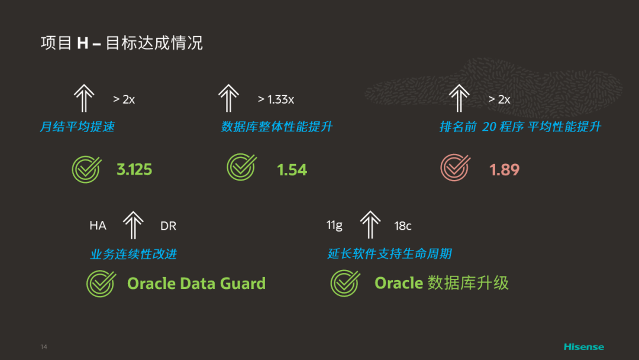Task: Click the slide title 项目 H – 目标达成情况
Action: (x=121, y=43)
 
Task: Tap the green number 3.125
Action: (x=134, y=170)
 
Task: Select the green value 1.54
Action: (x=292, y=170)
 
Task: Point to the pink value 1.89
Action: (x=504, y=170)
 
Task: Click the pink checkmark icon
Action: (x=455, y=168)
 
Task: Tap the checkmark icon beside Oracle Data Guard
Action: (x=101, y=283)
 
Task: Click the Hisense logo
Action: (x=583, y=346)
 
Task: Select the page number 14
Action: (x=44, y=346)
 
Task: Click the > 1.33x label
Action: (x=276, y=99)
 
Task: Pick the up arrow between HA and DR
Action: (x=133, y=225)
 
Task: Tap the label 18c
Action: (x=403, y=226)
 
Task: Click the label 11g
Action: (x=334, y=225)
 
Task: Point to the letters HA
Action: (x=98, y=226)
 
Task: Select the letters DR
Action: (x=168, y=226)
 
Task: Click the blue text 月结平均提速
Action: (x=77, y=127)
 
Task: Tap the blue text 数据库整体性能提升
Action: (x=277, y=127)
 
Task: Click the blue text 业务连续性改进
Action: (x=133, y=254)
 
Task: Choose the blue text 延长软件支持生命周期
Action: (x=389, y=254)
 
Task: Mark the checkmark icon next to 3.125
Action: (x=86, y=168)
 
